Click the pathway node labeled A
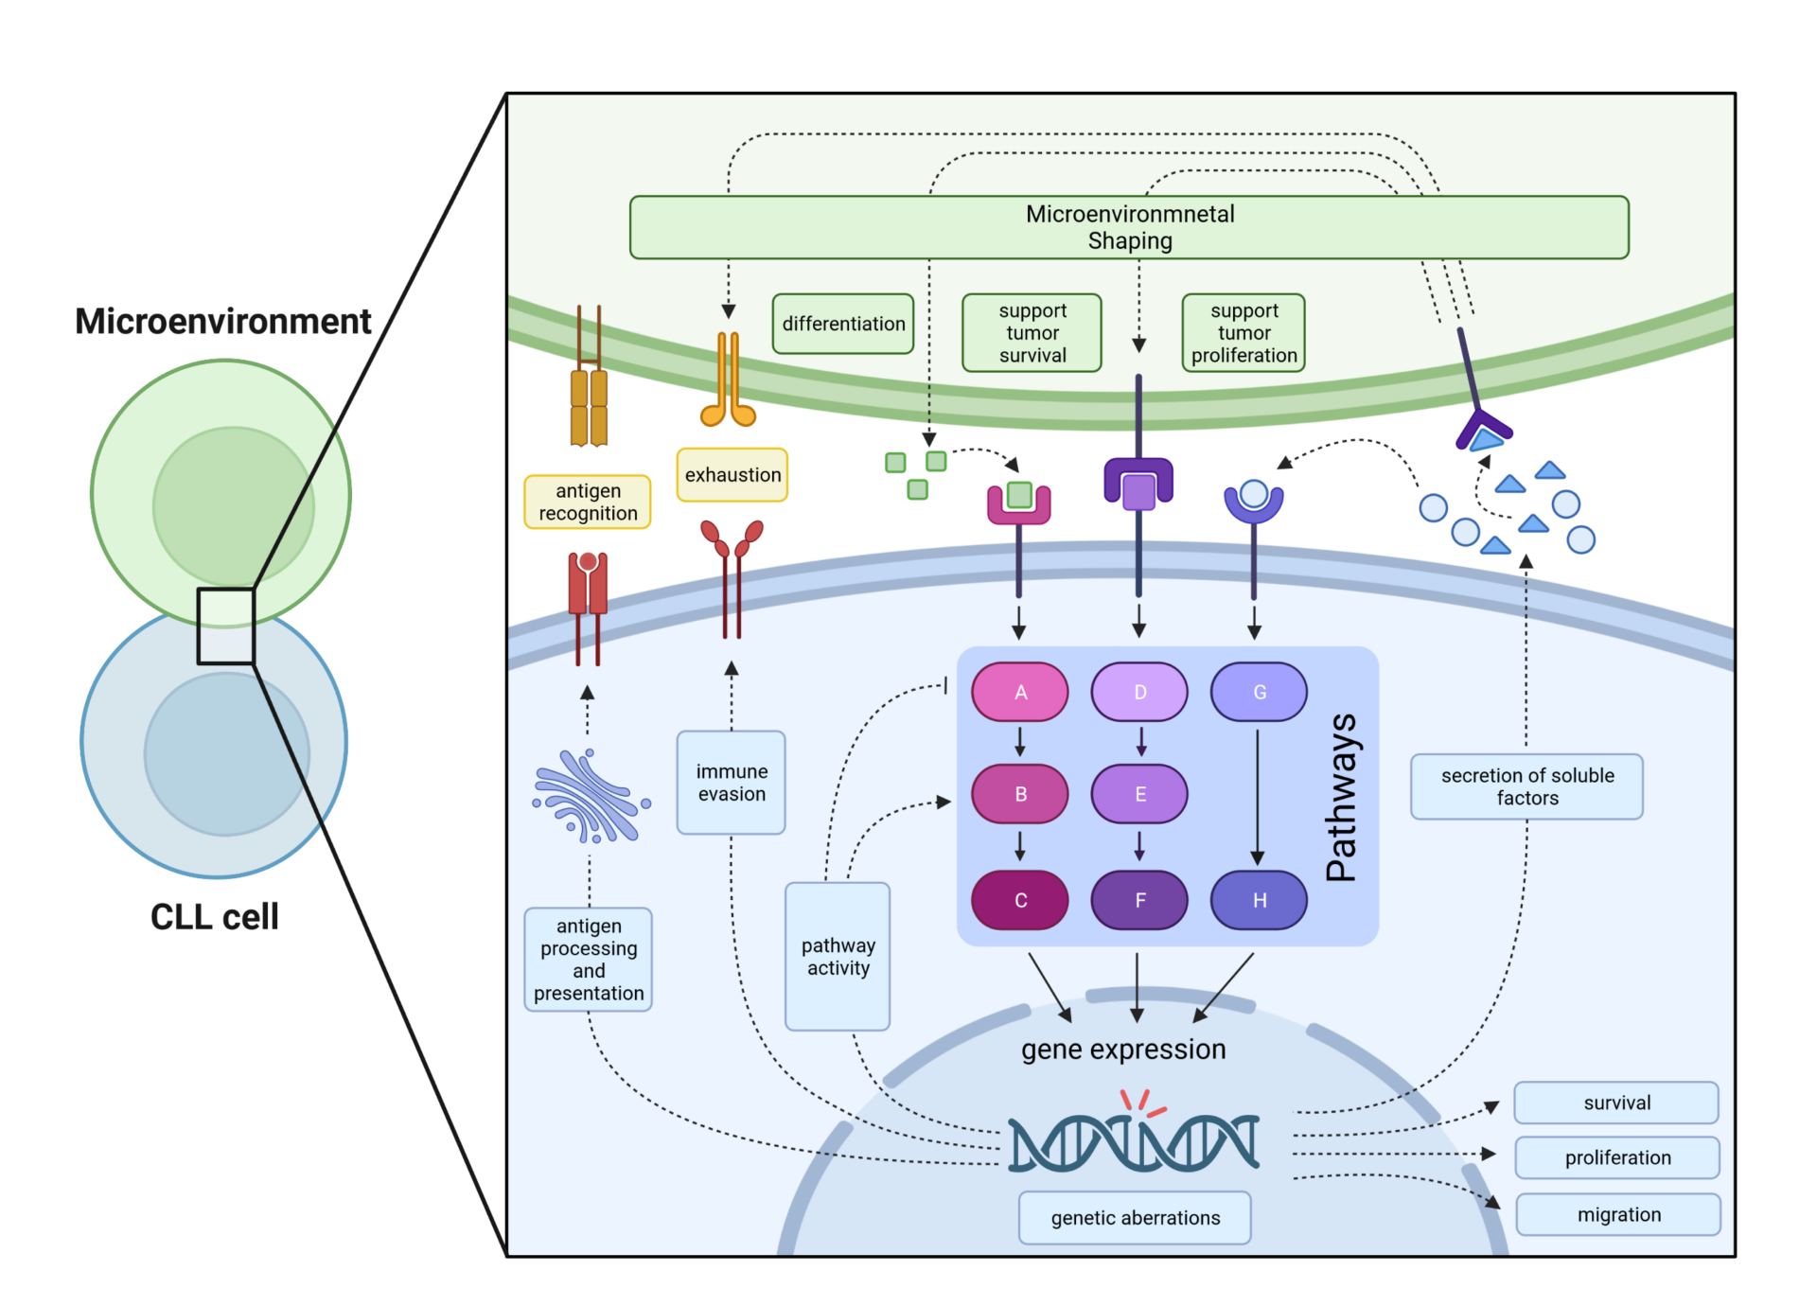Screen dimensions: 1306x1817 1019,692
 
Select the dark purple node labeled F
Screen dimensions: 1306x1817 1139,900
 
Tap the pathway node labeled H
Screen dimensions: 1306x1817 1259,900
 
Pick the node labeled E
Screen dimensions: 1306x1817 1139,794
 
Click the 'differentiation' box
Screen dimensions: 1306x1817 843,324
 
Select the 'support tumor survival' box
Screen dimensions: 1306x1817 1032,333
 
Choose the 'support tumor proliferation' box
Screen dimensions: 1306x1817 1244,333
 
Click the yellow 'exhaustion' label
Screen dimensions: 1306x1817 732,475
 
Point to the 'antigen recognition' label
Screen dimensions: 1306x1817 588,502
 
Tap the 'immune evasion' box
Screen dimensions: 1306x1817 732,783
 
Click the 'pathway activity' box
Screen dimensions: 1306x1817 838,956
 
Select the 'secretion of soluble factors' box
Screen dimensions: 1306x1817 1526,786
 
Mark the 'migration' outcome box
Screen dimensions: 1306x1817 1618,1214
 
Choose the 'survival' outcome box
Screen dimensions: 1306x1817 1616,1103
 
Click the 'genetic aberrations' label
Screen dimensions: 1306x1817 1135,1218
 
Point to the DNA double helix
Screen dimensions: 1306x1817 1134,1142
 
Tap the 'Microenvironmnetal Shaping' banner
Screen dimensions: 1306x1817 1129,227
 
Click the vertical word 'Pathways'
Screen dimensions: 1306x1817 1342,797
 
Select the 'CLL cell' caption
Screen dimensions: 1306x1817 215,916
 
